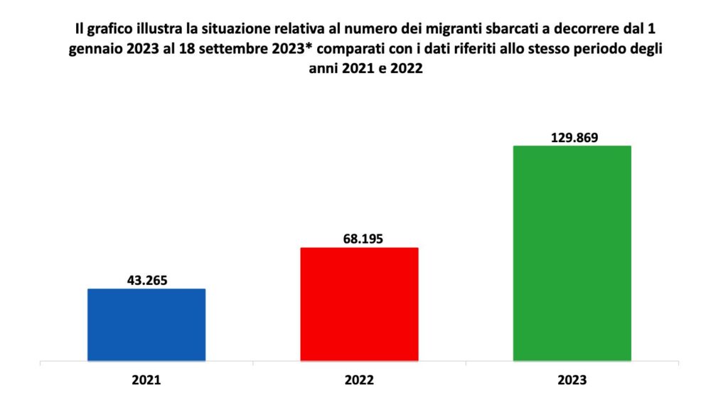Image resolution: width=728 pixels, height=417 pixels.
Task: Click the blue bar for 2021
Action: (146, 325)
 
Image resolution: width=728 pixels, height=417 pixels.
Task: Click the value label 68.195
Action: (359, 238)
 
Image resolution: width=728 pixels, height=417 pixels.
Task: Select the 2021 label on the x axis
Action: (146, 381)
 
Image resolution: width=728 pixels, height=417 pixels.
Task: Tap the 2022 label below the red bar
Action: (359, 381)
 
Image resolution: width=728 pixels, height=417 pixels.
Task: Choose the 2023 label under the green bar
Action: (572, 381)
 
